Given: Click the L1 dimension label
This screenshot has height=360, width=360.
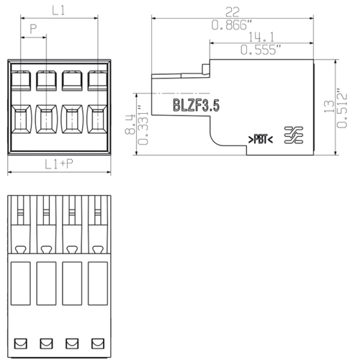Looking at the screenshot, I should pyautogui.click(x=58, y=11).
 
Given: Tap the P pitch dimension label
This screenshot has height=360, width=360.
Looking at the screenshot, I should pyautogui.click(x=33, y=30).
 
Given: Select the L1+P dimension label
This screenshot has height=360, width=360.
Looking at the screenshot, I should pyautogui.click(x=58, y=165).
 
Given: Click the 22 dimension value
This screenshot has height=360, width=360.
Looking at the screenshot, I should pyautogui.click(x=233, y=12).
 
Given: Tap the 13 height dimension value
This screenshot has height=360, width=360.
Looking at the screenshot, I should pyautogui.click(x=330, y=107).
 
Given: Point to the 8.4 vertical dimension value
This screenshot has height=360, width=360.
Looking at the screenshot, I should pyautogui.click(x=130, y=125).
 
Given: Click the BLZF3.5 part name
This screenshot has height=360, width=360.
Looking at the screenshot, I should pyautogui.click(x=196, y=107).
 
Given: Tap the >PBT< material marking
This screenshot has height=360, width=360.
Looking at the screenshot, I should pyautogui.click(x=260, y=138).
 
